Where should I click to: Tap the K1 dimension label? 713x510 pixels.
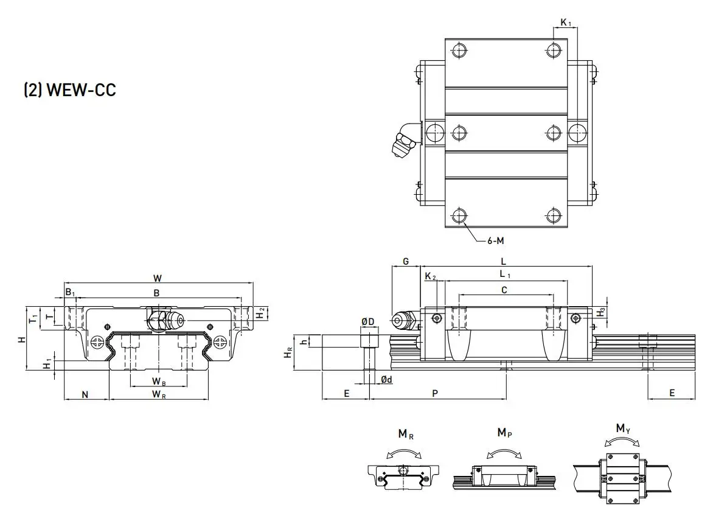[566, 23]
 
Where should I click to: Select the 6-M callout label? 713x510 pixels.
[495, 240]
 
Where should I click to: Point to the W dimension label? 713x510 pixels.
[158, 278]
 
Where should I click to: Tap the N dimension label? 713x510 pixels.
[86, 394]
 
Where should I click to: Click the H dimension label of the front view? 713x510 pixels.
[22, 338]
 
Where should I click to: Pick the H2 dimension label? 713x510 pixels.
[260, 313]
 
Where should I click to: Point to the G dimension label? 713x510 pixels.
[405, 262]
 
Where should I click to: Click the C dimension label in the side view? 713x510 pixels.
[504, 290]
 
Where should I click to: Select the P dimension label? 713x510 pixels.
[435, 393]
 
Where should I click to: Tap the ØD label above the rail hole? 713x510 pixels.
[367, 321]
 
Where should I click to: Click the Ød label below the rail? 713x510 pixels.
[386, 380]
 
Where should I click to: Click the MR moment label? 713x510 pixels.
[406, 434]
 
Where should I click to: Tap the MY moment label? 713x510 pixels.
[622, 428]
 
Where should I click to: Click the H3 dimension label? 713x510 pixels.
[601, 312]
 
